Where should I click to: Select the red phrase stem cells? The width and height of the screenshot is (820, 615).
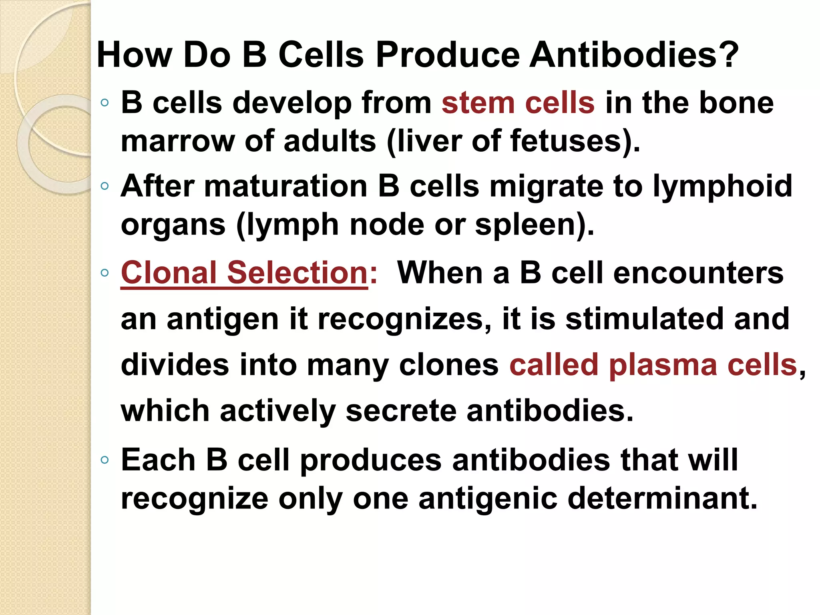click(x=518, y=102)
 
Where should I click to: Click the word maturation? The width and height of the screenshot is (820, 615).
click(x=285, y=186)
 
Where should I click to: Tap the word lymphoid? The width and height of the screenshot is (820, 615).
click(x=722, y=187)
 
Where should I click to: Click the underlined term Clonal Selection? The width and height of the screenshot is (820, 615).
click(x=244, y=272)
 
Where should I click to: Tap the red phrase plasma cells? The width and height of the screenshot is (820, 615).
click(x=703, y=365)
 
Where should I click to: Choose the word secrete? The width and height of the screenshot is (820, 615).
click(x=401, y=411)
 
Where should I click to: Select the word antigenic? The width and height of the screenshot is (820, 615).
click(x=488, y=499)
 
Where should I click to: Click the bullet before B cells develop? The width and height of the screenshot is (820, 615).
click(x=105, y=103)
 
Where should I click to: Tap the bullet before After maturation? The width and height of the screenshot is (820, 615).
click(x=105, y=186)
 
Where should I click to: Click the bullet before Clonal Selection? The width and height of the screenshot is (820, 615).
click(x=105, y=273)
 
